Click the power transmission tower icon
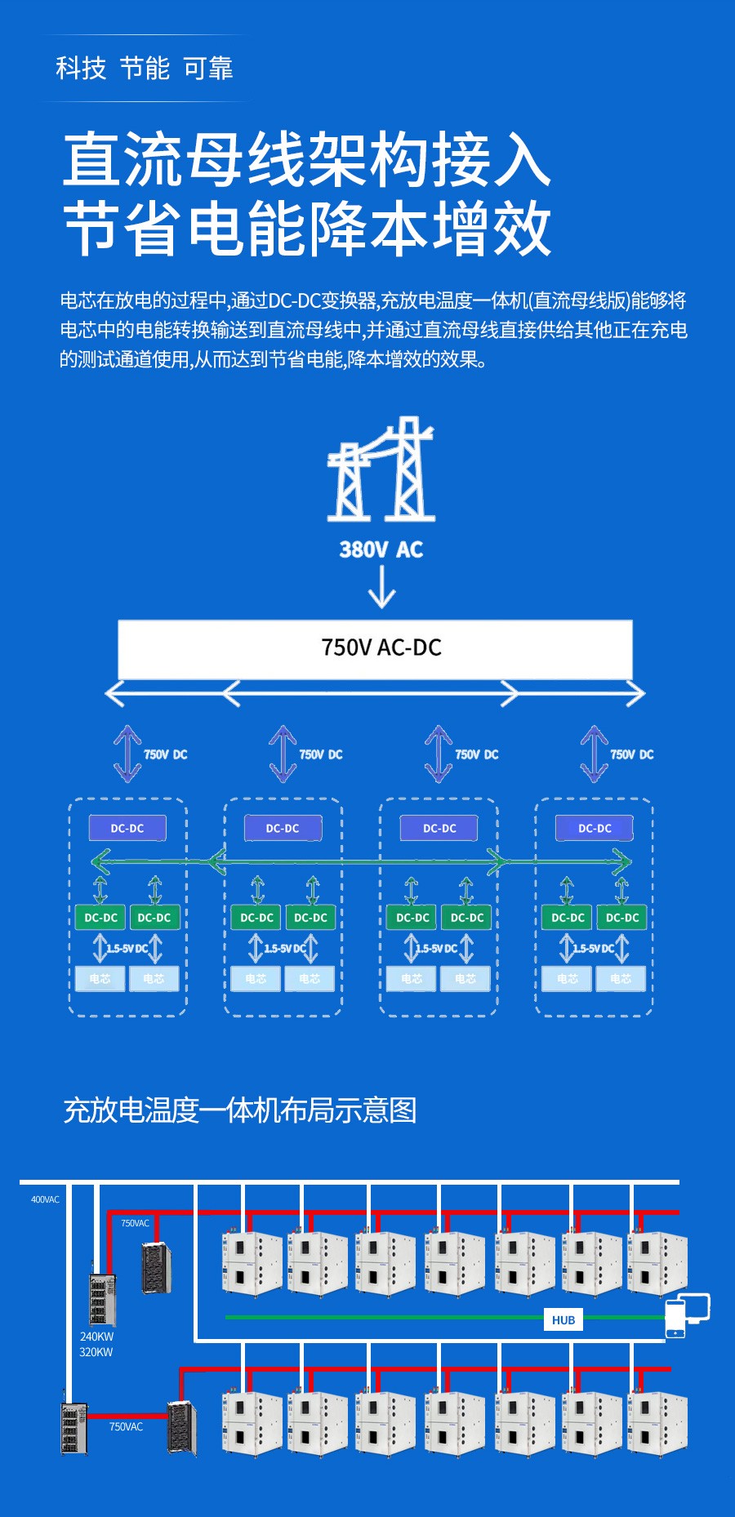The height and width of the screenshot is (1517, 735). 381,470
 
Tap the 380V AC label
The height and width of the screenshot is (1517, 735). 381,549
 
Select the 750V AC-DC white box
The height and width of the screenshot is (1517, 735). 375,648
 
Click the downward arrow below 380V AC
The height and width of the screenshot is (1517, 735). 381,587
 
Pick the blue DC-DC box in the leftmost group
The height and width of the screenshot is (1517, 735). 127,828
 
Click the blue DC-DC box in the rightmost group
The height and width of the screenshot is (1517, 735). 595,828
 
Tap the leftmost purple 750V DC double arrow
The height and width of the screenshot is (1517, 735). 127,754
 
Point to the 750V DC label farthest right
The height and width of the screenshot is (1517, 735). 631,754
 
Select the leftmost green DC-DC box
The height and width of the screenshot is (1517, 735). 100,917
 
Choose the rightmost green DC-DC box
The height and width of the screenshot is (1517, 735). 622,917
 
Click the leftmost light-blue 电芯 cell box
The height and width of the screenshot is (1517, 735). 100,978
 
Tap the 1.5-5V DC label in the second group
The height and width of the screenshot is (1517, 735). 284,949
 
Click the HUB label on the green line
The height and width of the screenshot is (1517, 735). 563,1319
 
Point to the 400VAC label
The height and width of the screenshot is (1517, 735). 45,1199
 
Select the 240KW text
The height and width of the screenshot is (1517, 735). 96,1337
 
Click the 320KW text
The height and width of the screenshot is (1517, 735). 96,1352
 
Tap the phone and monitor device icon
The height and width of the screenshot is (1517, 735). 687,1315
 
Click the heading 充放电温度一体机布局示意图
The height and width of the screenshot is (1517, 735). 240,1110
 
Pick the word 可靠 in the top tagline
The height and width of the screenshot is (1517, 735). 208,69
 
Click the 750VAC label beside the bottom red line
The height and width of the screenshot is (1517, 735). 126,1426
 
